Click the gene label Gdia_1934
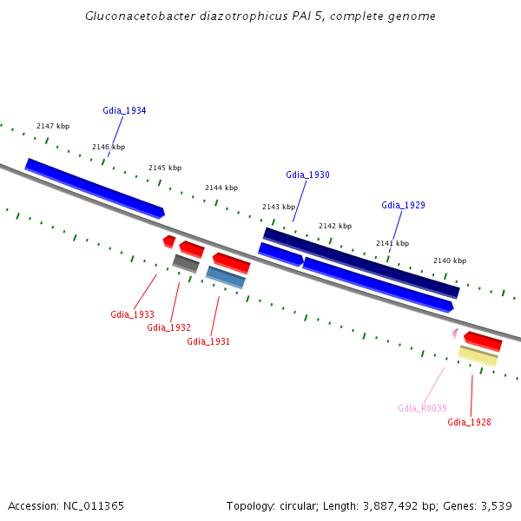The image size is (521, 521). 124,110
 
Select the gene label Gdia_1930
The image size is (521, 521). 307,175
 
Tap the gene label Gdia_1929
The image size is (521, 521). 403,205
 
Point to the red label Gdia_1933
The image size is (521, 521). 132,314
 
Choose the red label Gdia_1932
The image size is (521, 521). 168,327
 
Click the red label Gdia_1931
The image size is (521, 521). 208,341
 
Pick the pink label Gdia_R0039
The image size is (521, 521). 422,408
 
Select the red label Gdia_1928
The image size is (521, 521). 469,422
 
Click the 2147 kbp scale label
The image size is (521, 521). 52,127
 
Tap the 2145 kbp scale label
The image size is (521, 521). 165,168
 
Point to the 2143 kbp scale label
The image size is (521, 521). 279,207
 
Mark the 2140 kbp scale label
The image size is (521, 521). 450,260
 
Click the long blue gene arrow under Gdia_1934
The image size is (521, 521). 94,186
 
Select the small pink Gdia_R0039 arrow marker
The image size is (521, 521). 454,333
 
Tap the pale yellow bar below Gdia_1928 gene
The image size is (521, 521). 478,355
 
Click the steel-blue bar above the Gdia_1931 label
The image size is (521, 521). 226,277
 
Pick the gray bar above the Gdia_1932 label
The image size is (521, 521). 186,262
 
